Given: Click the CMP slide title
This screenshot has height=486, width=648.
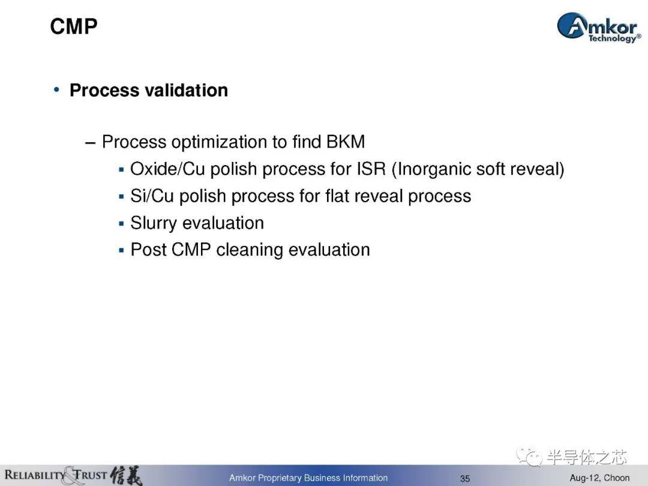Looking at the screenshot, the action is [x=74, y=26].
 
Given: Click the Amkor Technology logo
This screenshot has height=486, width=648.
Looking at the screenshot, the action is [x=599, y=27].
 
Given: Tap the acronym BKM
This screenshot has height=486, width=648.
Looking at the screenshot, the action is [x=346, y=142].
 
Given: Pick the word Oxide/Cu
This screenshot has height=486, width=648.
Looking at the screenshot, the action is [x=167, y=169].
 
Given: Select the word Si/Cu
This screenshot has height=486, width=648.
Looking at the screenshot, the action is [x=152, y=196].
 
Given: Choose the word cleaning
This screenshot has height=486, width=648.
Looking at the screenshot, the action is [x=250, y=250].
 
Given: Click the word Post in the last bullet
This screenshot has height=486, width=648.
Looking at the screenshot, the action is [x=148, y=250].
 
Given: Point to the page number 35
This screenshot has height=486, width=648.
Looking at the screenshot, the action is [x=465, y=479].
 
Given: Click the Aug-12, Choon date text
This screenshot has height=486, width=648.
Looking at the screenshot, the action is [x=599, y=478].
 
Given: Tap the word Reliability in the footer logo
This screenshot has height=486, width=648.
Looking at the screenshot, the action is [x=35, y=475].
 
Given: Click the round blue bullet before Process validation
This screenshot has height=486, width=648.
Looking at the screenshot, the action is [x=56, y=89].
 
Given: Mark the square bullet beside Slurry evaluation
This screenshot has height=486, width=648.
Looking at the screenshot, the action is [x=121, y=224].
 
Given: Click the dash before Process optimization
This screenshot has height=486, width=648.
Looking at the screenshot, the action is [x=90, y=143].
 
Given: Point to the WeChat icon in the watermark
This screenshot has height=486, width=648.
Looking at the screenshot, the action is [x=529, y=456].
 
